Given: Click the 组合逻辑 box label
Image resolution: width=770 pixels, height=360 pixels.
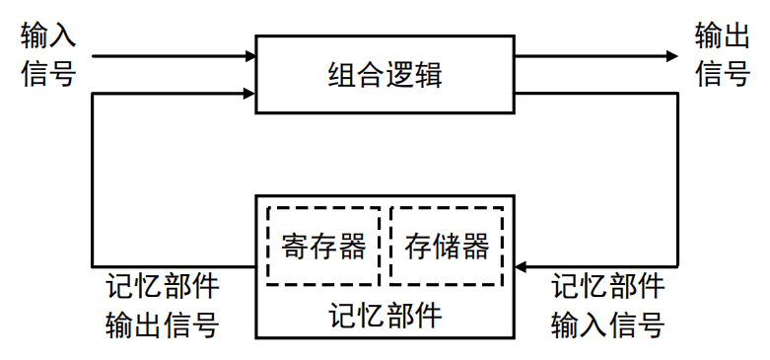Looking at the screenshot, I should (385, 75).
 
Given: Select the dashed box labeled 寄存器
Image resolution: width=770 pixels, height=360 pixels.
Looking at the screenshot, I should (323, 245).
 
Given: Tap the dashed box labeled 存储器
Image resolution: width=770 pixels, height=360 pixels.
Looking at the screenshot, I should (447, 245).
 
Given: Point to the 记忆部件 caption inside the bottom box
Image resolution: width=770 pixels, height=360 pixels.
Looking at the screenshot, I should (385, 316).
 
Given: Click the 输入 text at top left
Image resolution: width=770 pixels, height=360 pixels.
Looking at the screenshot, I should (48, 37).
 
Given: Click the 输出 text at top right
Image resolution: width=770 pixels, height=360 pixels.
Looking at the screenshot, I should (723, 37).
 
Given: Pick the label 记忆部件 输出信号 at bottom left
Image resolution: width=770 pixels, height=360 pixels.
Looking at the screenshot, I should (163, 306).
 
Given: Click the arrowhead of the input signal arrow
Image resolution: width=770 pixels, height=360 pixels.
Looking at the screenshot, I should (248, 56).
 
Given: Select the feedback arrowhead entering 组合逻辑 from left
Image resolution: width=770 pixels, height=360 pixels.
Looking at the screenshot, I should (248, 95).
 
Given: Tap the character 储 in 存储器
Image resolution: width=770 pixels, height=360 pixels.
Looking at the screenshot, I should (447, 246).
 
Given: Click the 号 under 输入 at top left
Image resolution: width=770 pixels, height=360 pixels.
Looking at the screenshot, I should (62, 74).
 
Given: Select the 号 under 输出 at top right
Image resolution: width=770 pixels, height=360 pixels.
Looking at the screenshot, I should (736, 74).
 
